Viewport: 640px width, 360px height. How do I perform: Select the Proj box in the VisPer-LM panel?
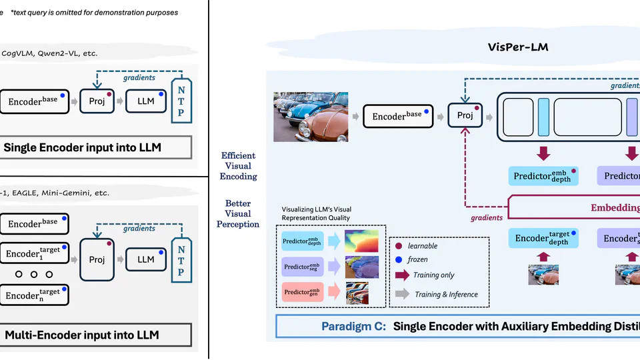click(465, 116)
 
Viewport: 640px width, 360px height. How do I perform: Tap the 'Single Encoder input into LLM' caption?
click(83, 147)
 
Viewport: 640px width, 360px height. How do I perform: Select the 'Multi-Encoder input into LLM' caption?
click(82, 335)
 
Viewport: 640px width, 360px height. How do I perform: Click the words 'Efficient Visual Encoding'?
click(238, 166)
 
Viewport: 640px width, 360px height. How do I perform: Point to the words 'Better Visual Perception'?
click(238, 213)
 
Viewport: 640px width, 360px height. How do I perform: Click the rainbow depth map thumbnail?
click(361, 241)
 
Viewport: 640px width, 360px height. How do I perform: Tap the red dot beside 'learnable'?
click(398, 245)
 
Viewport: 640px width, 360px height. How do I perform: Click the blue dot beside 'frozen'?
click(398, 259)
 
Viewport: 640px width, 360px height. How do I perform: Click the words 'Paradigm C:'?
click(353, 326)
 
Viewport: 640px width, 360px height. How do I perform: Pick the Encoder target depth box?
click(543, 239)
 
